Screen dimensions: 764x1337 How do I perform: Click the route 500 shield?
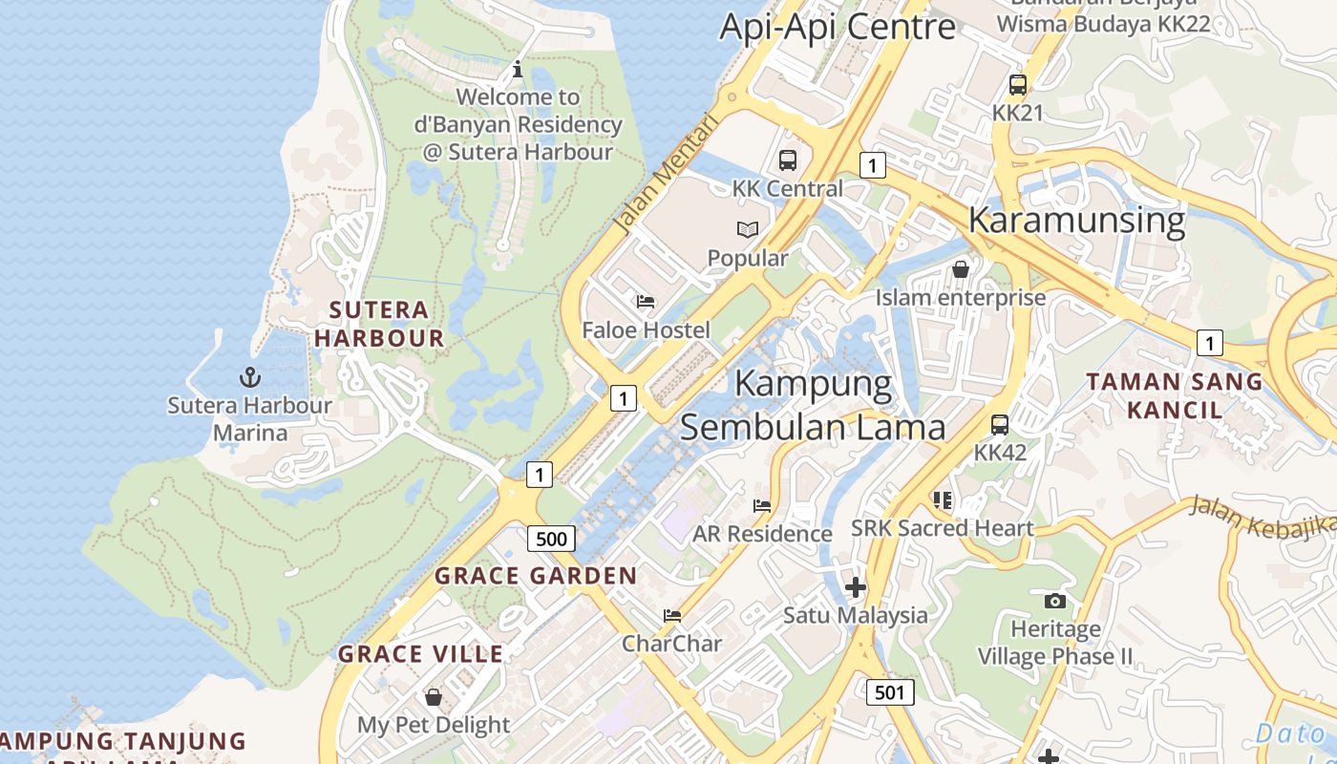551,539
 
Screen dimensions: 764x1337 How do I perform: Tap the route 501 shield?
890,692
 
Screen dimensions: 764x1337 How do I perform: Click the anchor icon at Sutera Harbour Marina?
250,376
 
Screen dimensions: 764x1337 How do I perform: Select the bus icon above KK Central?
788,160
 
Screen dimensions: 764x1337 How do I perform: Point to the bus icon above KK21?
1018,84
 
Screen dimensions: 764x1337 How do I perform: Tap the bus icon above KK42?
1000,424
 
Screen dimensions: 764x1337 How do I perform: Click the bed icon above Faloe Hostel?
647,302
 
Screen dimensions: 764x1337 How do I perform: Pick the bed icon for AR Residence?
762,505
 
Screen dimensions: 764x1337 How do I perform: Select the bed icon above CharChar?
672,616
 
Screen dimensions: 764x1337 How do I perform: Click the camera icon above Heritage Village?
1055,601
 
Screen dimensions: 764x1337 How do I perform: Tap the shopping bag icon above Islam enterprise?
961,269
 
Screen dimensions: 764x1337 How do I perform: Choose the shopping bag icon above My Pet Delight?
434,697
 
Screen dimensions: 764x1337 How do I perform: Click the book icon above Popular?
748,229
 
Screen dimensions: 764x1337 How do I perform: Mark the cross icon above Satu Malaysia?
856,586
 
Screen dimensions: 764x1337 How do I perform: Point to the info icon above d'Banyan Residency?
518,69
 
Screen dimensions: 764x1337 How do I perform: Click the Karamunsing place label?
1076,220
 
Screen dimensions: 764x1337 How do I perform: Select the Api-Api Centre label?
837,26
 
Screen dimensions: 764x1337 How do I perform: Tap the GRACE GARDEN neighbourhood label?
536,576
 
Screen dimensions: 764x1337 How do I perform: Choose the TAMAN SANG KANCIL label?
1175,395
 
